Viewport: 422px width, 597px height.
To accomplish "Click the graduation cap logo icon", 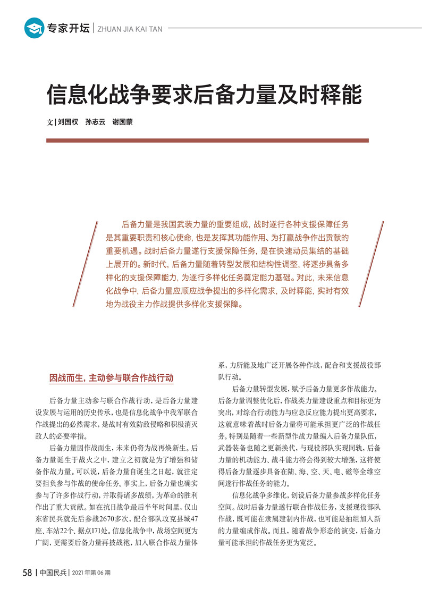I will pyautogui.click(x=34, y=28).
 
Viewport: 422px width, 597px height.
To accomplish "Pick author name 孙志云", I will pyautogui.click(x=95, y=122).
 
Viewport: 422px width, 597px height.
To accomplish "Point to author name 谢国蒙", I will pyautogui.click(x=123, y=122).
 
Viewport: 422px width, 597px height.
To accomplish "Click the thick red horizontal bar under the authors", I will pyautogui.click(x=207, y=140).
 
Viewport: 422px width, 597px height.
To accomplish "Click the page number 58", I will pyautogui.click(x=28, y=573).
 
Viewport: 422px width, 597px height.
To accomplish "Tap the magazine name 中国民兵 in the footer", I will pyautogui.click(x=53, y=573).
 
